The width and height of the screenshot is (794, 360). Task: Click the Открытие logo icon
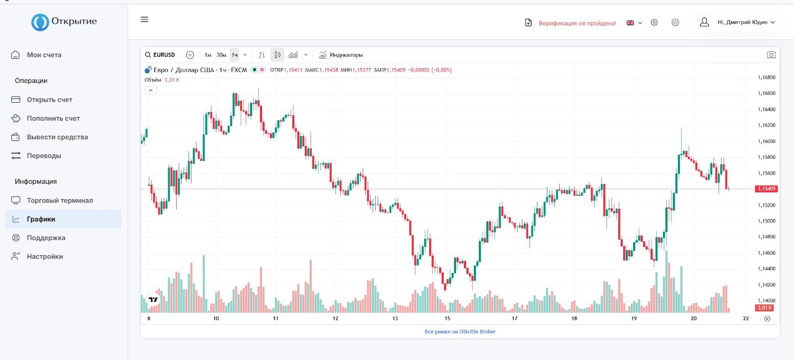coord(40,22)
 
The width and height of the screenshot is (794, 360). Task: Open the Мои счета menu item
coord(44,55)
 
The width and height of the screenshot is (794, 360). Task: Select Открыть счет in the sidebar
coord(49,100)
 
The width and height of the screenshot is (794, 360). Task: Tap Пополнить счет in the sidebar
coord(53,119)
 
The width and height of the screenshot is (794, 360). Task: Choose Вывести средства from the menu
coord(57,137)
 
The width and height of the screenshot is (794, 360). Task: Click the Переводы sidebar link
coord(44,156)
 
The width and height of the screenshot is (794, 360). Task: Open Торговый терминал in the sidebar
coord(60,201)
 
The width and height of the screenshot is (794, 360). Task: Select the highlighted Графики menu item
coord(41,219)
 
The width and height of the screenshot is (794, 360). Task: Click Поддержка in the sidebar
coord(46,238)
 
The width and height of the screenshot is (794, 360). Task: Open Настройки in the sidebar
coord(45,257)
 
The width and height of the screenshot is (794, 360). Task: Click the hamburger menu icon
coord(144,19)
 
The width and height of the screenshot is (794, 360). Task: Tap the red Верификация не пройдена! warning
coord(577,23)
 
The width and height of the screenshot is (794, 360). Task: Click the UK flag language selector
coord(634,23)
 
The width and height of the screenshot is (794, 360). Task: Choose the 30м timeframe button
coord(221,55)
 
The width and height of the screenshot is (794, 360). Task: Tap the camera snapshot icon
coord(771,55)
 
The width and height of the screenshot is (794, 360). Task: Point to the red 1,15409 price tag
coord(766,189)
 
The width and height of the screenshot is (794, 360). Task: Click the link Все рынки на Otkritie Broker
coord(460,332)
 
